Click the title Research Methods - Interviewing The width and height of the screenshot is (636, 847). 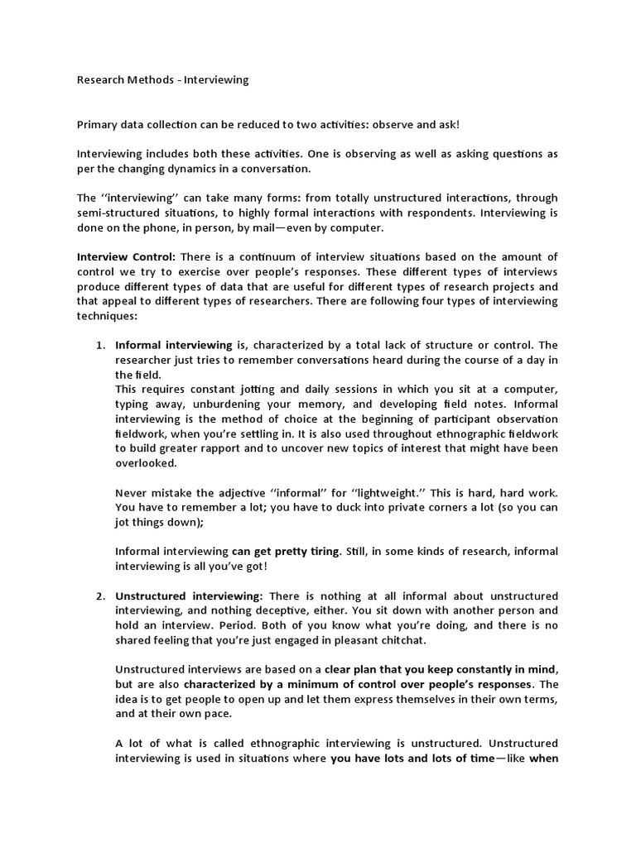(162, 80)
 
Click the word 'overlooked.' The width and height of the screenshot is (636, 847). (146, 463)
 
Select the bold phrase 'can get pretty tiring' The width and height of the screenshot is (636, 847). (286, 552)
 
